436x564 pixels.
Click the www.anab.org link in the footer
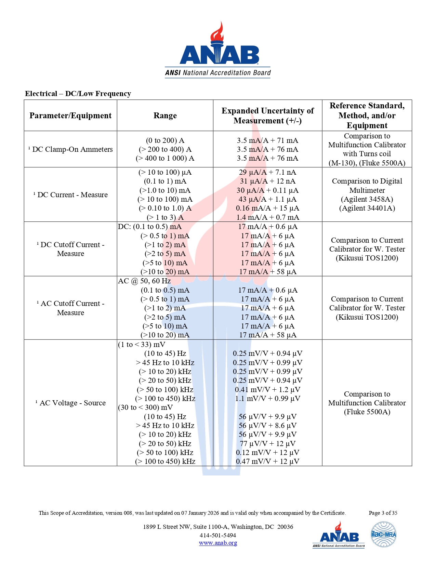coord(218,543)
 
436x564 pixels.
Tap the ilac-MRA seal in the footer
coord(384,534)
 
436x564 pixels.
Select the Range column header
coord(165,116)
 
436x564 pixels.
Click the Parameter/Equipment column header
coord(70,116)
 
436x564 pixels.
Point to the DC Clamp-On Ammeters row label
coord(70,149)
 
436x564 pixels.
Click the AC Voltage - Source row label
coord(70,403)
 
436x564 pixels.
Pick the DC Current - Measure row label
coord(70,195)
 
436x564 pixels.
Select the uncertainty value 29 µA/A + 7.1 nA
coord(267,172)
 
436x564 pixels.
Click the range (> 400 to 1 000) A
coord(165,158)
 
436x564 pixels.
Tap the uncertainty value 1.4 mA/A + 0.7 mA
coord(267,217)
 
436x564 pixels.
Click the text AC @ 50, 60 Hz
coord(144,281)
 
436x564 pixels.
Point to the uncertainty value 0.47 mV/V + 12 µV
coord(267,461)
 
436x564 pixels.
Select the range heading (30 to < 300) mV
coord(145,407)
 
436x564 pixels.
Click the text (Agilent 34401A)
coord(367,208)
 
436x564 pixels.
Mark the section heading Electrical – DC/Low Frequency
coord(78,94)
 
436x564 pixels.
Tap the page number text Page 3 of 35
coord(383,513)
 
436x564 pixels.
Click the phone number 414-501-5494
coord(218,535)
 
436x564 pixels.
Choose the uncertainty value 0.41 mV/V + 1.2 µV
coord(267,390)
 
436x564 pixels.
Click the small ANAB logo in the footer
coord(339,535)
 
